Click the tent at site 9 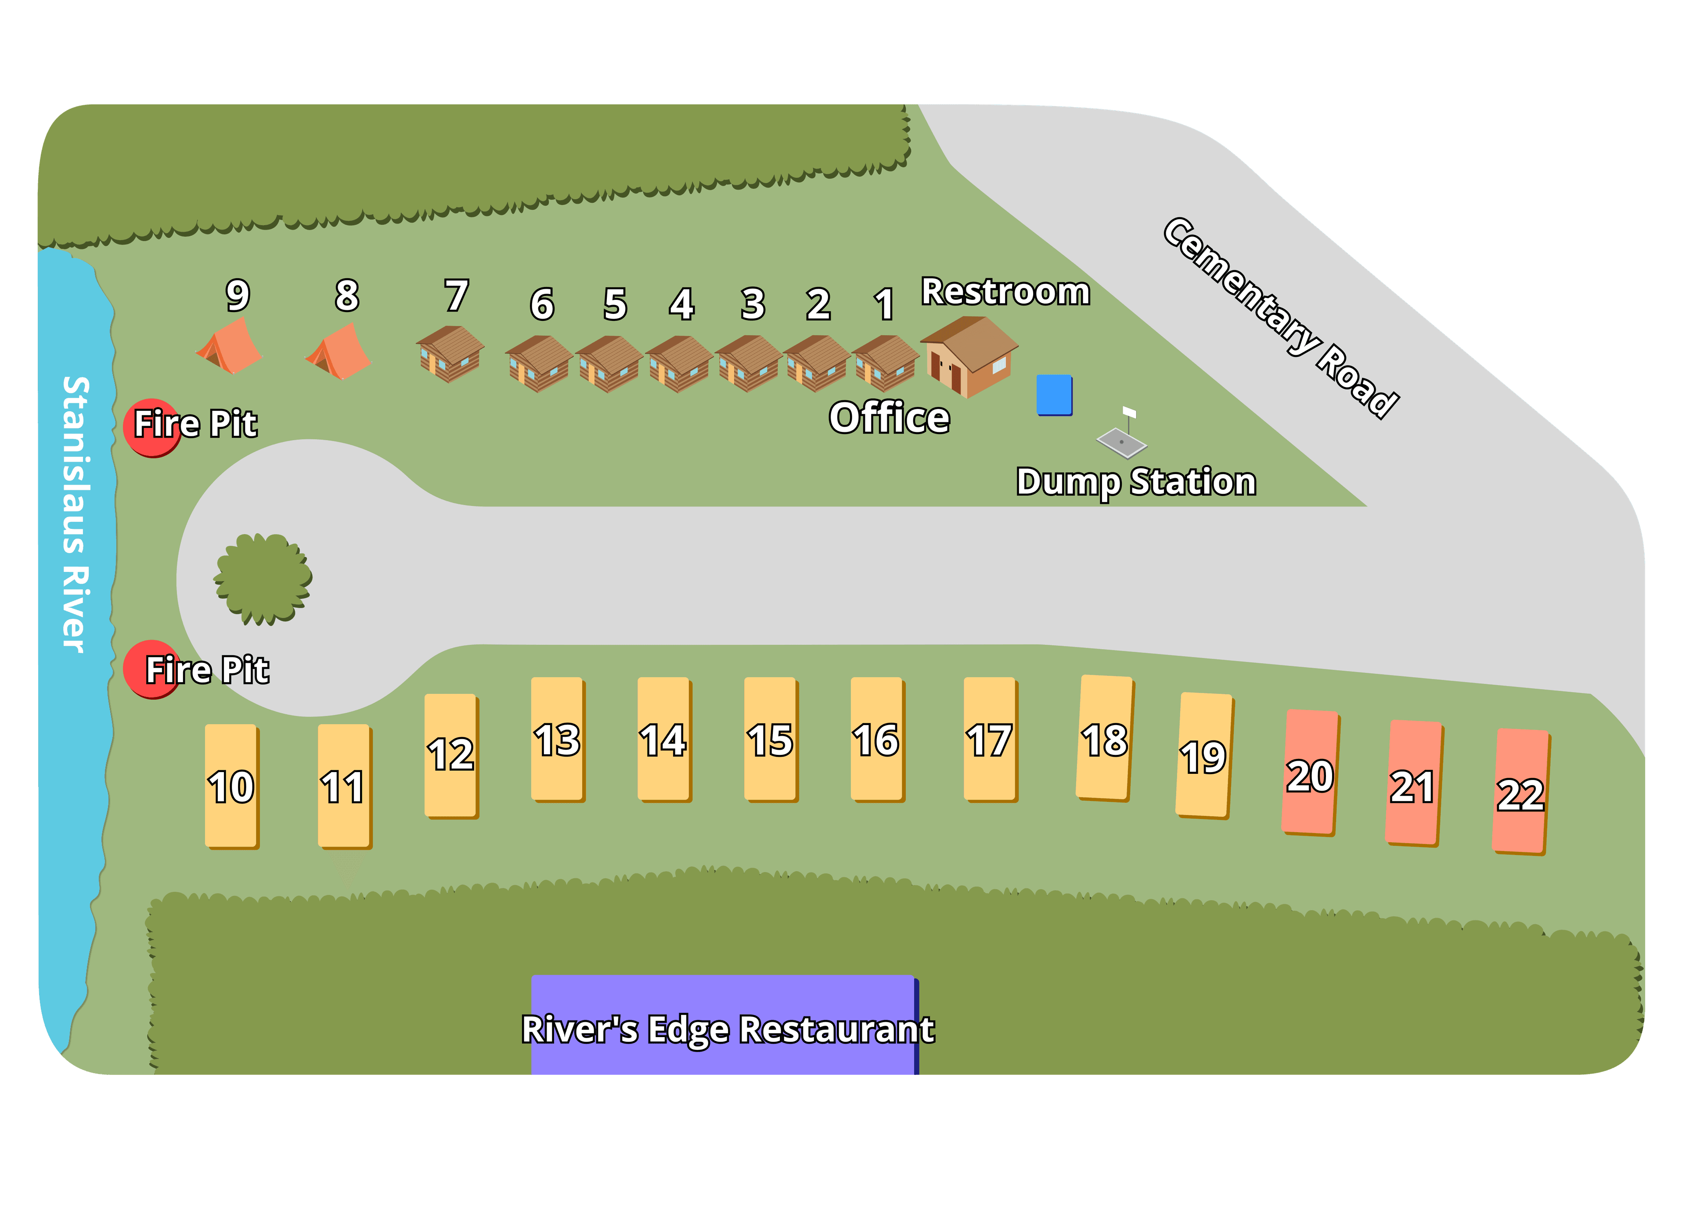click(x=229, y=347)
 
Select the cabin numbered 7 click(x=450, y=354)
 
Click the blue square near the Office click(x=1054, y=395)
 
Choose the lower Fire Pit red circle click(x=151, y=669)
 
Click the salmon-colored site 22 click(x=1520, y=792)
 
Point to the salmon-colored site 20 click(x=1310, y=773)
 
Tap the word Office click(x=889, y=418)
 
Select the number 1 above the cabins click(x=883, y=305)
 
